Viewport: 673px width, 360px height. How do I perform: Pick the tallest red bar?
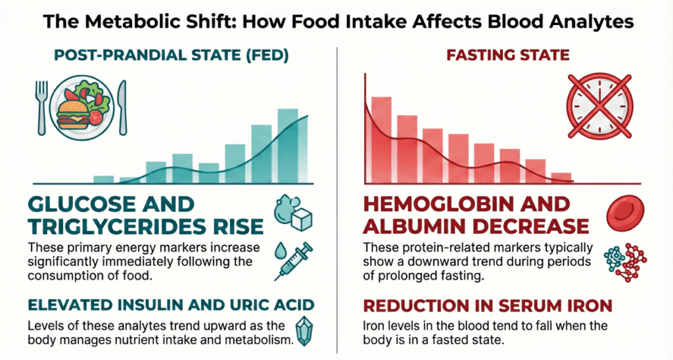coord(382,139)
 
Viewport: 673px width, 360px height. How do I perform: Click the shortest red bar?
coord(561,177)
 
